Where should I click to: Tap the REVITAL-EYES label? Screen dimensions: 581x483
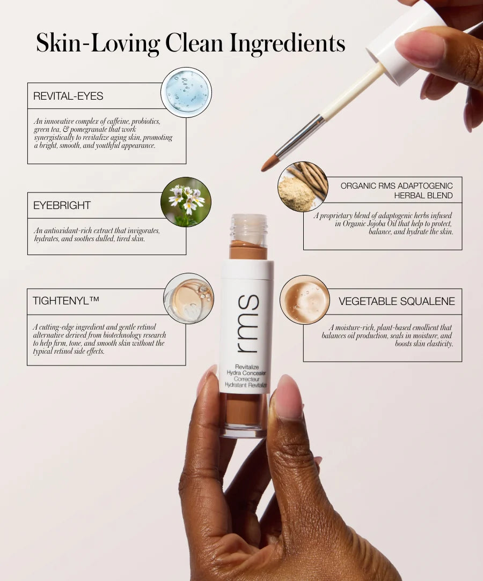(68, 96)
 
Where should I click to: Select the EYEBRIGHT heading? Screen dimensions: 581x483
(62, 205)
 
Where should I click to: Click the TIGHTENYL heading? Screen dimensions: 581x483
(65, 301)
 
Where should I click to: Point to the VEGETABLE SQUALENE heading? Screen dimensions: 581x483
(397, 301)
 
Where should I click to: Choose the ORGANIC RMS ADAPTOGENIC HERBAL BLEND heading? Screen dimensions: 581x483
(397, 190)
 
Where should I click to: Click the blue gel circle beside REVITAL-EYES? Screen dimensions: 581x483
(186, 92)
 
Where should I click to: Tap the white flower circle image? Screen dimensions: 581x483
(186, 202)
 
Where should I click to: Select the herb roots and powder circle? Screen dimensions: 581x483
(303, 187)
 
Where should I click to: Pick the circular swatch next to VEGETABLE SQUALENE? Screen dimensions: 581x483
(304, 300)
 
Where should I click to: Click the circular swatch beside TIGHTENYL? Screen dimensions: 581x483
(188, 298)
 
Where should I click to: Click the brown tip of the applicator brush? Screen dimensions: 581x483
(269, 163)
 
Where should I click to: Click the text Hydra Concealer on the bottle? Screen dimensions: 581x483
(251, 373)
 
